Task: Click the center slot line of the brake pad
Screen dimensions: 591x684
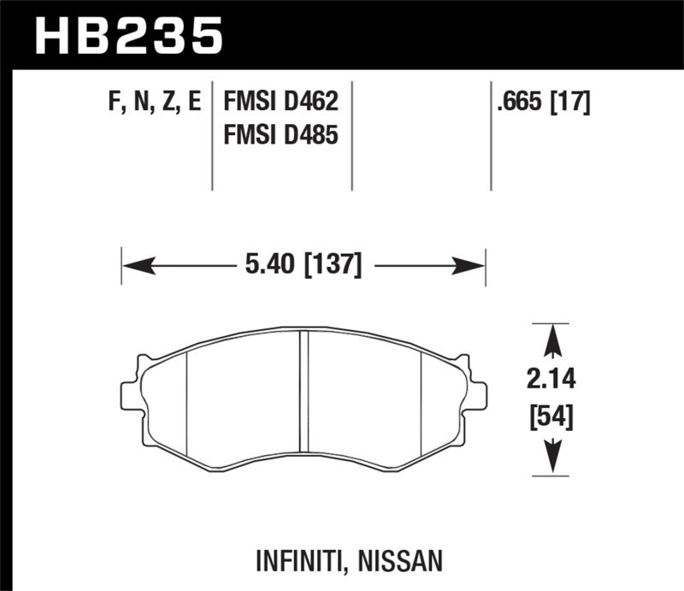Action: click(x=304, y=393)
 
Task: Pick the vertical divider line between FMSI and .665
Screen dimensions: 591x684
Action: click(x=352, y=137)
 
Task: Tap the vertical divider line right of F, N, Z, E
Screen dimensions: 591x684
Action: click(x=211, y=137)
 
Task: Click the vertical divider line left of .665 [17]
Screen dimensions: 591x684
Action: click(x=491, y=137)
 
